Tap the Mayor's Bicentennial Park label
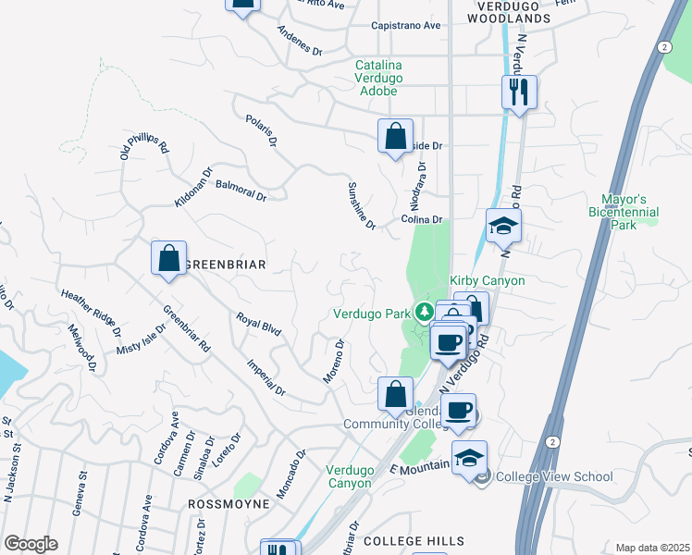pyautogui.click(x=624, y=212)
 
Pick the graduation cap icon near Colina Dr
pyautogui.click(x=503, y=226)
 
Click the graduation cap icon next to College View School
pyautogui.click(x=469, y=458)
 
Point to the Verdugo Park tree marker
pyautogui.click(x=425, y=312)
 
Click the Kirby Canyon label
pyautogui.click(x=488, y=280)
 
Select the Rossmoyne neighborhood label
pyautogui.click(x=229, y=504)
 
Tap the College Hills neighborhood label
pyautogui.click(x=414, y=540)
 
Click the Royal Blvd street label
pyautogui.click(x=258, y=324)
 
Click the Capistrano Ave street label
pyautogui.click(x=405, y=26)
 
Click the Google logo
pyautogui.click(x=31, y=544)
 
